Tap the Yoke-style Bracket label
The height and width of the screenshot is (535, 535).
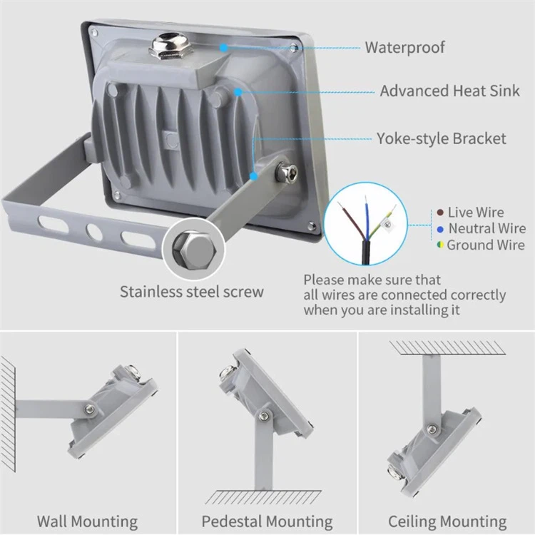pos(442,138)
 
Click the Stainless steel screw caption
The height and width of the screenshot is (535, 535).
pos(191,291)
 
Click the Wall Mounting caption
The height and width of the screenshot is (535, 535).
pos(87,521)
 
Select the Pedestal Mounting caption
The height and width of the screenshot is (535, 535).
pos(267,521)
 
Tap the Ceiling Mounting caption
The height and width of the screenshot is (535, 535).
pos(447,521)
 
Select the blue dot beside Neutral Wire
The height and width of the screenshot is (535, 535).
pos(441,229)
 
